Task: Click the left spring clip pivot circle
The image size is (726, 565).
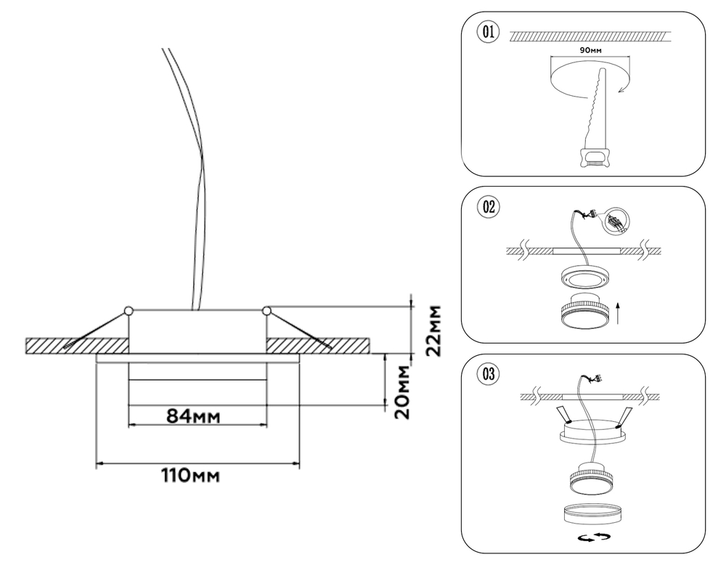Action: click(x=129, y=312)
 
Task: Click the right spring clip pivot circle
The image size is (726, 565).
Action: click(x=266, y=312)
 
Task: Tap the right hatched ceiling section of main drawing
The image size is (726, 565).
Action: click(x=319, y=345)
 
